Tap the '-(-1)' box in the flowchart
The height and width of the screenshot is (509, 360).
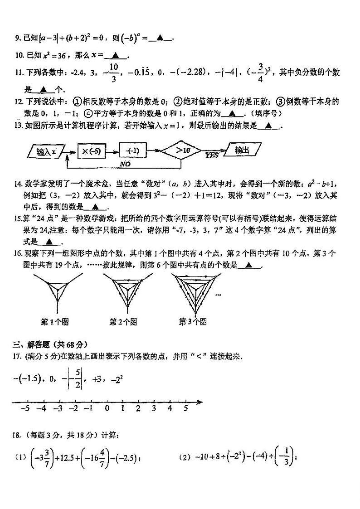[133, 150]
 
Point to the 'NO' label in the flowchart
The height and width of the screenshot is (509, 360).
[126, 164]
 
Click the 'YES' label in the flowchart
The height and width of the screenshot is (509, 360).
[212, 155]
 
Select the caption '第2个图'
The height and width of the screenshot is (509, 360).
[123, 322]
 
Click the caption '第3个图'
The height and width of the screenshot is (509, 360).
[192, 322]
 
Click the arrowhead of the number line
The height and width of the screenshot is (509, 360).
[200, 401]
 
